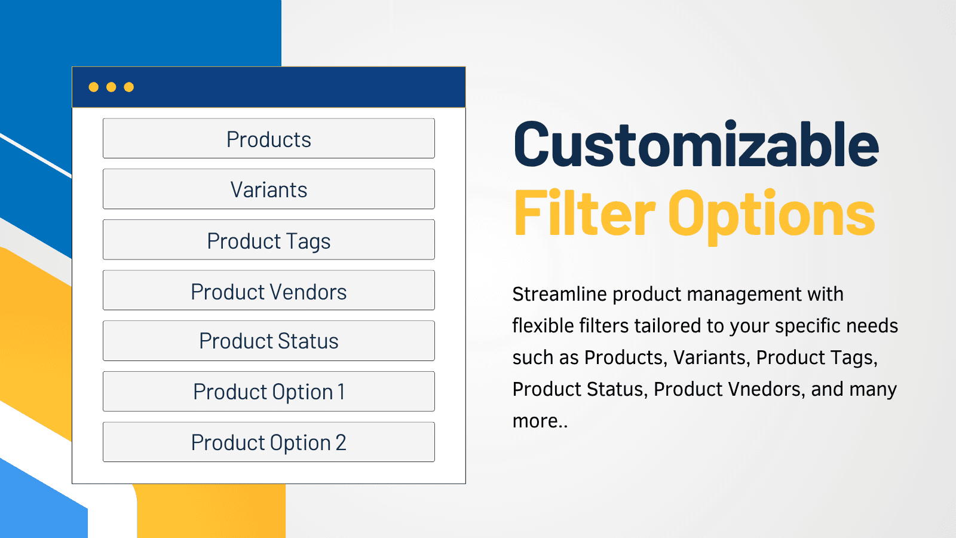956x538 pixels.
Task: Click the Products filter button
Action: click(x=269, y=138)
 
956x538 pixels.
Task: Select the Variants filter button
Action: click(x=269, y=189)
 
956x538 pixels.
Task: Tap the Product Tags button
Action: click(x=269, y=240)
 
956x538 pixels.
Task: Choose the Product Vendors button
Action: click(x=269, y=290)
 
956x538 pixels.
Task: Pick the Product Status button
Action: click(x=269, y=341)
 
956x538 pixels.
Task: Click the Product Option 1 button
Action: click(x=269, y=391)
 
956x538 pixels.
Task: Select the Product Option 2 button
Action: click(x=269, y=442)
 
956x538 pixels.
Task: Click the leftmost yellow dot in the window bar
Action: click(x=93, y=87)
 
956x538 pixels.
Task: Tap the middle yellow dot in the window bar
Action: click(x=111, y=87)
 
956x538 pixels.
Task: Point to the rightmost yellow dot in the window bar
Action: click(x=129, y=87)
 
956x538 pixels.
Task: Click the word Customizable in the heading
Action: click(x=696, y=144)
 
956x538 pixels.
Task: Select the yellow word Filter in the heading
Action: click(x=584, y=212)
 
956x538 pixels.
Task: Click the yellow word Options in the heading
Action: click(x=771, y=216)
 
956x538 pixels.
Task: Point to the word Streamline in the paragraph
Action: click(x=559, y=295)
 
